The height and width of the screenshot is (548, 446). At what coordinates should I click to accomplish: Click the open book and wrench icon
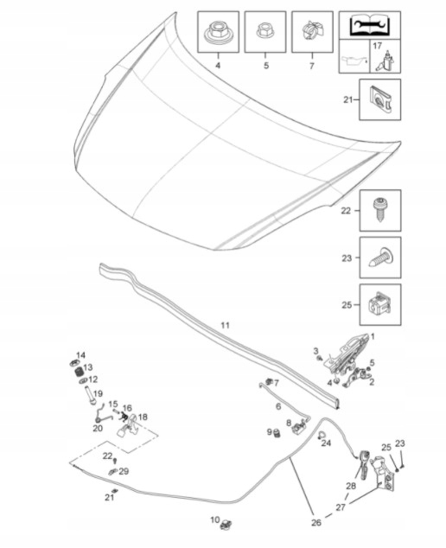[369, 25]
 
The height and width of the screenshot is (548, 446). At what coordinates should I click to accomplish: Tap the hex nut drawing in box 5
[265, 30]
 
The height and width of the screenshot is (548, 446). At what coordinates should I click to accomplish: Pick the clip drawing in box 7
[312, 30]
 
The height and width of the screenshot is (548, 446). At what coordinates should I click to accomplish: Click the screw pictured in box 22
[380, 210]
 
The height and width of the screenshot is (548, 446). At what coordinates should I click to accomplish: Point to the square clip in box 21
[380, 99]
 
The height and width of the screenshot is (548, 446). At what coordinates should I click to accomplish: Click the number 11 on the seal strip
[226, 325]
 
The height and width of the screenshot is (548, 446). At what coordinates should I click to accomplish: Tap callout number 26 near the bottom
[316, 522]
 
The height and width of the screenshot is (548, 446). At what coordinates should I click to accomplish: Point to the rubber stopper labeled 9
[277, 433]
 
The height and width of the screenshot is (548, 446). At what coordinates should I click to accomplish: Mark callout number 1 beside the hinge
[373, 336]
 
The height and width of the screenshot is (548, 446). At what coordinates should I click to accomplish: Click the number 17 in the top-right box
[378, 46]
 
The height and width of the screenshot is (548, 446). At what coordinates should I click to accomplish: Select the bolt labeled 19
[90, 396]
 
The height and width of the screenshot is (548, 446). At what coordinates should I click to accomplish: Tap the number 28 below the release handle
[351, 486]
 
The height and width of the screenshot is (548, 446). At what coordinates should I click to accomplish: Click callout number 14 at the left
[80, 355]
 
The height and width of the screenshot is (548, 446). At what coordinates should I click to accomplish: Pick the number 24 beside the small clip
[326, 443]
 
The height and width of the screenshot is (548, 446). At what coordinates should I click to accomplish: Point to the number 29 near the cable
[124, 471]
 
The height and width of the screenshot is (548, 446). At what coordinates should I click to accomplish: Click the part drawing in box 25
[380, 303]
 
